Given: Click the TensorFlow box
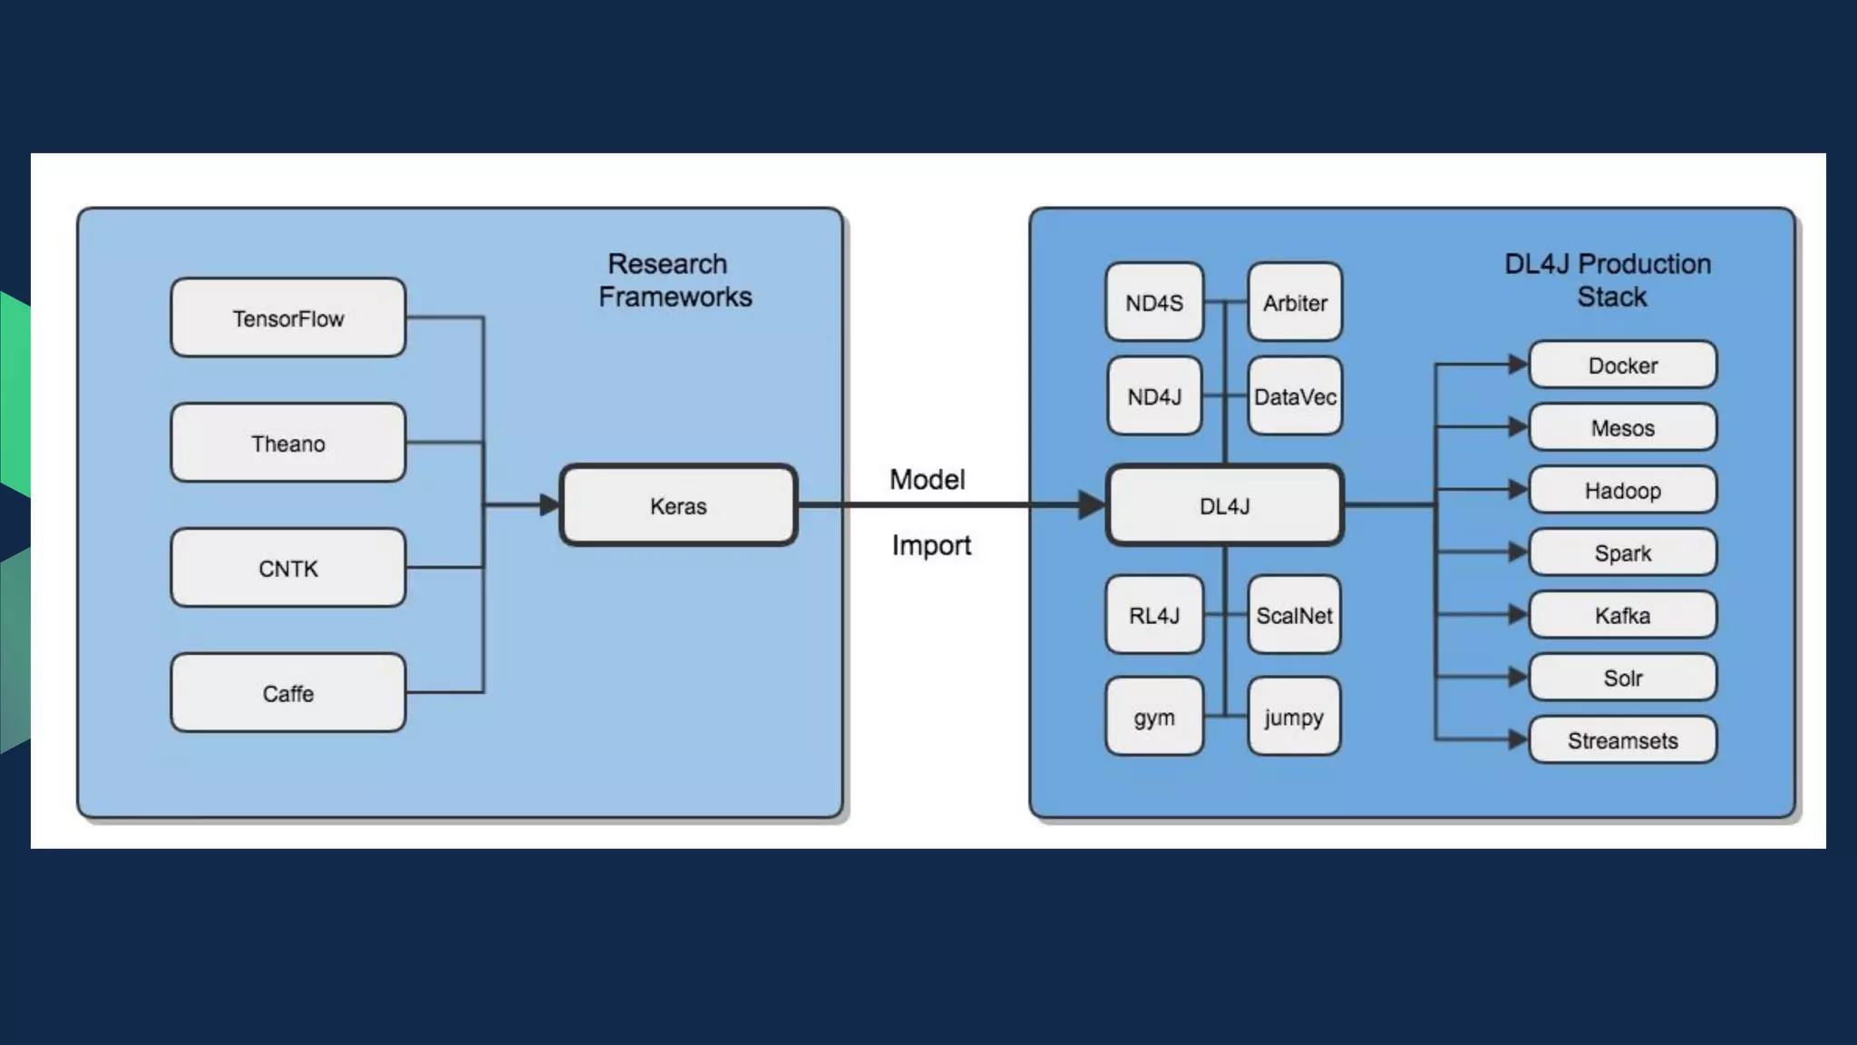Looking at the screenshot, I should pos(288,317).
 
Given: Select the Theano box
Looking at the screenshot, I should pos(288,443).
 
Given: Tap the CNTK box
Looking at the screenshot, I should pos(288,568).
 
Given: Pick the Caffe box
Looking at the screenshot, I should pos(288,693).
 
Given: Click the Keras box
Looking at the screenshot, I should pos(678,505).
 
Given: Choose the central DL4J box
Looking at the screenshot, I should pos(1224,505).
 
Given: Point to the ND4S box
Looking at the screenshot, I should pos(1154,302).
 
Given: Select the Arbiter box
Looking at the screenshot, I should pos(1295,302).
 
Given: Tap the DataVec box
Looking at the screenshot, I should pos(1295,396).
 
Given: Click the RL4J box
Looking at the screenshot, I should pos(1154,615).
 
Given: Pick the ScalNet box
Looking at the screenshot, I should pos(1294,615).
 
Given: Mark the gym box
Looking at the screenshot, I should pos(1154,717).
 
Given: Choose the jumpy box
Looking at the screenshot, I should pos(1294,717).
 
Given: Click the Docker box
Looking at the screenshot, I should pos(1622,365).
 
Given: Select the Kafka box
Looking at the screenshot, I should pos(1622,615).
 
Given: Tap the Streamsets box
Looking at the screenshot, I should pos(1622,740).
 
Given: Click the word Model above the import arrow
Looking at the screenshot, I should pos(927,479).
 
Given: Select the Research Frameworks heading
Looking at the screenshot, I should pos(674,280).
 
